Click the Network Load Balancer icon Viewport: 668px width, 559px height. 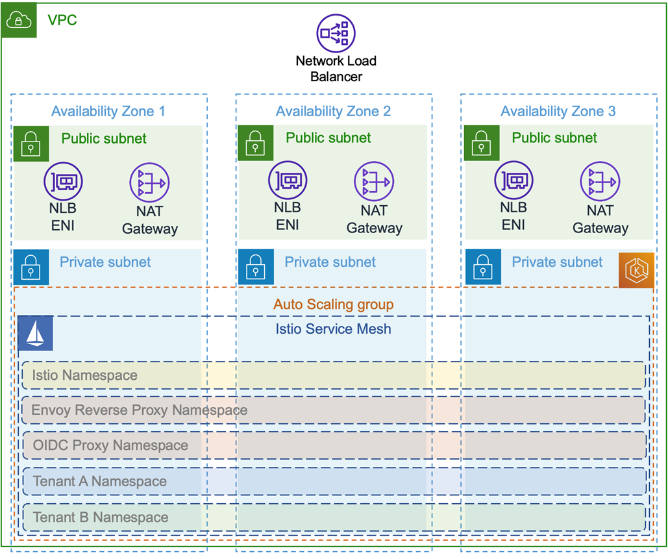(x=336, y=33)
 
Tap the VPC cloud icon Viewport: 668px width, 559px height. (x=19, y=20)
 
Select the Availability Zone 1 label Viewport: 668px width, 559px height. (x=108, y=111)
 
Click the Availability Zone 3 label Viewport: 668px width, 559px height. (x=558, y=111)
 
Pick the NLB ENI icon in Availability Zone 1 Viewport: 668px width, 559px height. (x=63, y=182)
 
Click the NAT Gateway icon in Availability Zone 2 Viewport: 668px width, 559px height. (x=374, y=182)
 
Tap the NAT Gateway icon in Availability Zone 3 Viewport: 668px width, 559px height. (x=600, y=182)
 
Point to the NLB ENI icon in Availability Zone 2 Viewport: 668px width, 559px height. (x=288, y=180)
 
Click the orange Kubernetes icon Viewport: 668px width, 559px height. (x=636, y=270)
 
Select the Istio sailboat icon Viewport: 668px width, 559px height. (x=35, y=333)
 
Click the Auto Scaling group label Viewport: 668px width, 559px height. (x=334, y=304)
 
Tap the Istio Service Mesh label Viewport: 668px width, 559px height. (x=333, y=329)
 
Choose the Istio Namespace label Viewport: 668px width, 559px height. (x=85, y=375)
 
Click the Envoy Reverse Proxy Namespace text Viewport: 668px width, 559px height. (x=140, y=410)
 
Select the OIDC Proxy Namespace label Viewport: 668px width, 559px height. (x=110, y=445)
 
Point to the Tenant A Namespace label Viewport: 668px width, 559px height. (x=100, y=482)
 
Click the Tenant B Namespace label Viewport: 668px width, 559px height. (x=101, y=517)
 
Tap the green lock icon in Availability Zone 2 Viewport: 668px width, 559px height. (x=256, y=143)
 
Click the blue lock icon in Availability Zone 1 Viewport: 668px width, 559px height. (x=31, y=267)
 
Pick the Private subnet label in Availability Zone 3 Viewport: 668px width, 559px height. (x=557, y=262)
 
